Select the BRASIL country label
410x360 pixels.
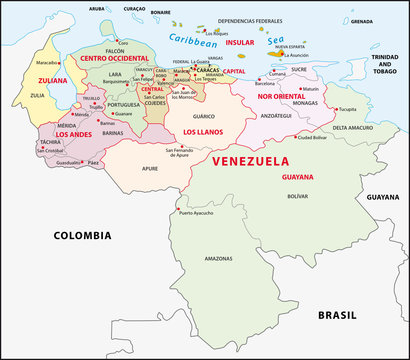point(337,315)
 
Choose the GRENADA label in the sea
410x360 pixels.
point(362,20)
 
